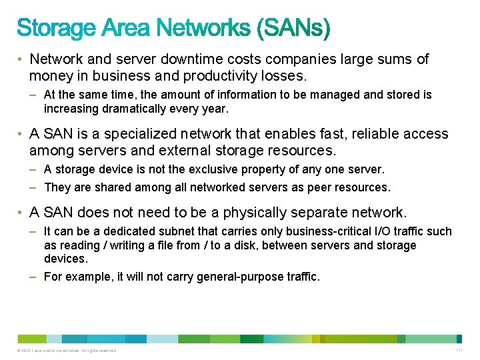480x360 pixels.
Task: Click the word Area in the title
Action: pyautogui.click(x=127, y=28)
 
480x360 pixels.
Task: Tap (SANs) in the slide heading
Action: pyautogui.click(x=291, y=28)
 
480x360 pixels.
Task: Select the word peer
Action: pyautogui.click(x=319, y=187)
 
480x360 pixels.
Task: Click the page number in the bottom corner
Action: pyautogui.click(x=459, y=350)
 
